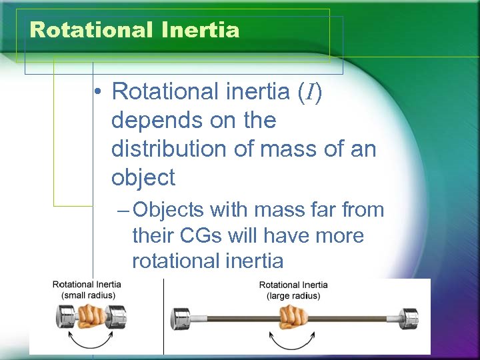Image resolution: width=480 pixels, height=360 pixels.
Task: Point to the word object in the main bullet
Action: pos(143,177)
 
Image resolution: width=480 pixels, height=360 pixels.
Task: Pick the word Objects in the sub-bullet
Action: pos(169,210)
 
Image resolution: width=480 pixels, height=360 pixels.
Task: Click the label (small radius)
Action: pos(87,295)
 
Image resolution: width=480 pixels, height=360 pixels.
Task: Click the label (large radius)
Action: pos(293,295)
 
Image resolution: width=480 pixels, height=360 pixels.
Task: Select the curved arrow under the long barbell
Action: pos(293,342)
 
